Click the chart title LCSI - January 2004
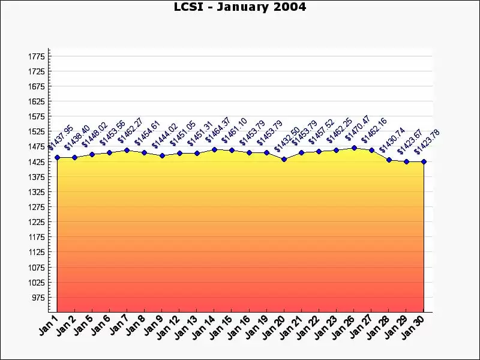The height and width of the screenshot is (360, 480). click(x=240, y=7)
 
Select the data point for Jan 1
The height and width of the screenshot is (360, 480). click(x=57, y=157)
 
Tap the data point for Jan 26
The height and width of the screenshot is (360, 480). click(x=354, y=148)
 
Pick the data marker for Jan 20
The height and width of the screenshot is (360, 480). click(x=284, y=159)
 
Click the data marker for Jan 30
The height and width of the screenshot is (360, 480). click(x=424, y=161)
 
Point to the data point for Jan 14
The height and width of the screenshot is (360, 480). click(x=214, y=149)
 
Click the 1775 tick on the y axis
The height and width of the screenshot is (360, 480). click(x=37, y=56)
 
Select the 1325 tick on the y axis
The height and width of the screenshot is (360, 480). click(x=37, y=192)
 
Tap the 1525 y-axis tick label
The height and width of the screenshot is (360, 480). click(x=37, y=131)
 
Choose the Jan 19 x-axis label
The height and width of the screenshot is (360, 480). click(x=257, y=328)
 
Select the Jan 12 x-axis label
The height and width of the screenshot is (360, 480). click(x=170, y=328)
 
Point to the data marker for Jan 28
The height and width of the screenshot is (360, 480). click(x=389, y=160)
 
